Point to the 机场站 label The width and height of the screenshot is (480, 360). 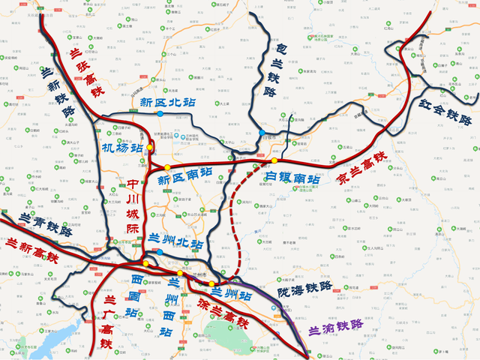point(121,148)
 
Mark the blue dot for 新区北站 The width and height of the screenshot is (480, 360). point(160,114)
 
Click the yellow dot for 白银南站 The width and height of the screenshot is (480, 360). point(275,160)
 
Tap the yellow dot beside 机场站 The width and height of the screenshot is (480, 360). point(150,148)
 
